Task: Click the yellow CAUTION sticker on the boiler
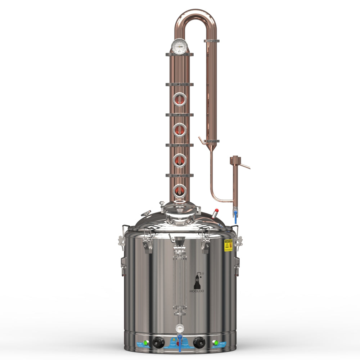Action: click(228, 245)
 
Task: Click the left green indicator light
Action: click(146, 343)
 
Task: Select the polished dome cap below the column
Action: click(180, 210)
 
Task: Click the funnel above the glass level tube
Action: click(180, 240)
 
